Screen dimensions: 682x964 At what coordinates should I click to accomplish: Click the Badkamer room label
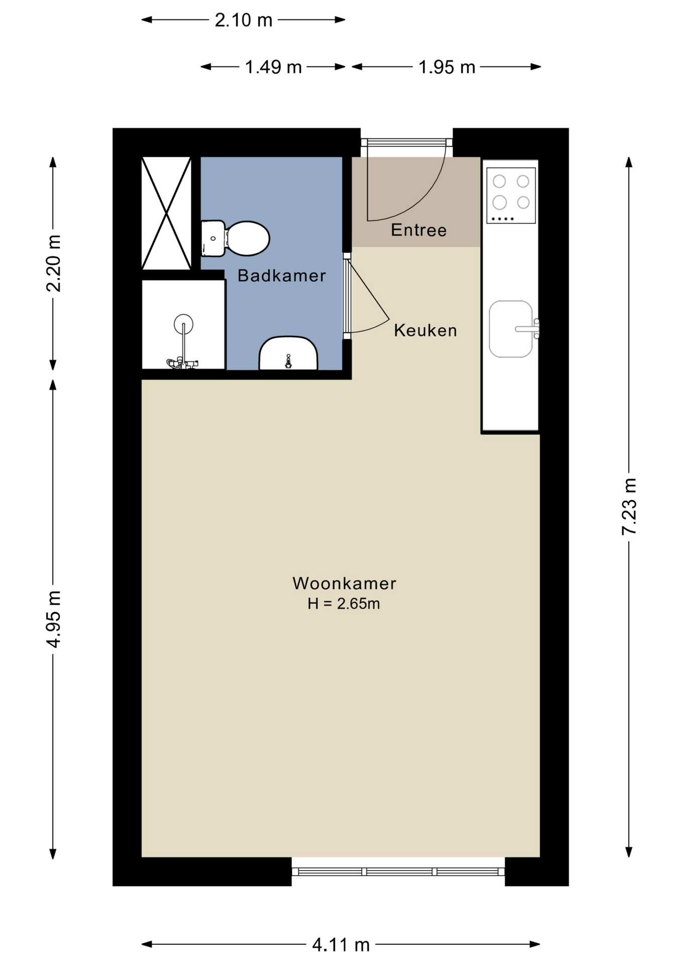pyautogui.click(x=281, y=275)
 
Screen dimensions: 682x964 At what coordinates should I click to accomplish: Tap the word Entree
pyautogui.click(x=419, y=230)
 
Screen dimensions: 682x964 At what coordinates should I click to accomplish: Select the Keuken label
pyautogui.click(x=425, y=330)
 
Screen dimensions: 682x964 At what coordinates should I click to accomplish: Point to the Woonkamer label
pyautogui.click(x=345, y=583)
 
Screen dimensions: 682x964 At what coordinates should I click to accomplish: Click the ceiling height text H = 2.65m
pyautogui.click(x=344, y=604)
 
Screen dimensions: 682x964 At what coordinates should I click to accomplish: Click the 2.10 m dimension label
pyautogui.click(x=244, y=20)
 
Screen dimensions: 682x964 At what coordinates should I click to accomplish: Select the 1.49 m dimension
pyautogui.click(x=273, y=67)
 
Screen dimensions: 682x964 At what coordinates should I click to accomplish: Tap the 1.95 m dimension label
pyautogui.click(x=447, y=67)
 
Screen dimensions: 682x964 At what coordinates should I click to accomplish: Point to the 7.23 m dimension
pyautogui.click(x=629, y=507)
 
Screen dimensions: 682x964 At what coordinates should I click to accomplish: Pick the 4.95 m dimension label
pyautogui.click(x=53, y=619)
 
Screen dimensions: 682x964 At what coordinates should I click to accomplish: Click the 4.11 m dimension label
pyautogui.click(x=341, y=945)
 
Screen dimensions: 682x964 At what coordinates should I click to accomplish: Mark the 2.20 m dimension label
pyautogui.click(x=53, y=264)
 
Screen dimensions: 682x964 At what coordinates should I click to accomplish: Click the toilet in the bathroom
pyautogui.click(x=236, y=238)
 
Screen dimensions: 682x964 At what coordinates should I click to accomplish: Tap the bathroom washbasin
pyautogui.click(x=288, y=353)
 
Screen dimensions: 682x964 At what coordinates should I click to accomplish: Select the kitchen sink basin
pyautogui.click(x=511, y=329)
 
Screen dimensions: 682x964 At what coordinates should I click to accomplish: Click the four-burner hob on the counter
pyautogui.click(x=511, y=195)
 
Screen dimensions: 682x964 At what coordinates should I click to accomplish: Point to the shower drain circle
pyautogui.click(x=184, y=324)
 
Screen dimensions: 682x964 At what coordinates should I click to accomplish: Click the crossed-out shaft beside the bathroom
pyautogui.click(x=166, y=213)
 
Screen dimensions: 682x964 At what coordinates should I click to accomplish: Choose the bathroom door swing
pyautogui.click(x=368, y=296)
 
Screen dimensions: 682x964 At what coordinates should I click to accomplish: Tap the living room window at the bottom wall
pyautogui.click(x=398, y=872)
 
